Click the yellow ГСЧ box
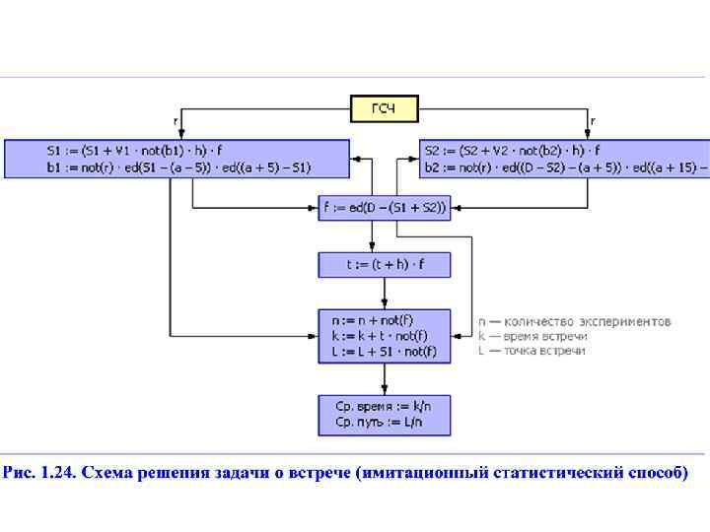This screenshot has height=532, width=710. pos(384,107)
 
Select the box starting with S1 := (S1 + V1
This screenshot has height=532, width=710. pos(177,159)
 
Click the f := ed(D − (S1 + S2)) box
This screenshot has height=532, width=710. pos(384,207)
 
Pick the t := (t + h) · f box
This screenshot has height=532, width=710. pos(384,264)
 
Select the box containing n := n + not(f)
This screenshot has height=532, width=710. pos(384,335)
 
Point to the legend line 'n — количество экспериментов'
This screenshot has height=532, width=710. pos(574,321)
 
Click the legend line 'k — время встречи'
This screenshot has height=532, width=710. pos(532,336)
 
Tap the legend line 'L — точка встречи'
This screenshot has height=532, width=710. pos(532,351)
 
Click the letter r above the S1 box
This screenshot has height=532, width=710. pos(176,121)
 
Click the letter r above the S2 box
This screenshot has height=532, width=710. pos(592,121)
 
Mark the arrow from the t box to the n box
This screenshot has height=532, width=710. pos(384,294)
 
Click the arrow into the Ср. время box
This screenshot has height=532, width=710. pos(384,378)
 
